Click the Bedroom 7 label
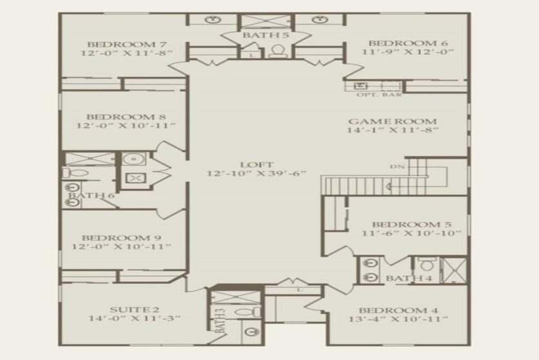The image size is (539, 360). [127, 45]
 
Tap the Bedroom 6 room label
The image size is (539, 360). [408, 43]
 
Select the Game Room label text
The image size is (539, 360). [393, 121]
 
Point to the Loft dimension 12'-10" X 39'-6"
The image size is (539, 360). [256, 174]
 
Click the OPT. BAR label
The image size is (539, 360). [379, 95]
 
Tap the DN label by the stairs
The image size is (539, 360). [397, 166]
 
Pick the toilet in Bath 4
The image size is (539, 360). [427, 264]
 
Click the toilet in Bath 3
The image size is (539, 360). [248, 312]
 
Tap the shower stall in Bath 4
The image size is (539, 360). [453, 270]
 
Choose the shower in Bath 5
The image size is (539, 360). [266, 21]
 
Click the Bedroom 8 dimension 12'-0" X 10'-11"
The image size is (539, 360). [126, 126]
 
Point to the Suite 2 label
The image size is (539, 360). [134, 310]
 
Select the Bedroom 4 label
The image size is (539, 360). [398, 310]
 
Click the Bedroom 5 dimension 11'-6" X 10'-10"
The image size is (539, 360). [411, 233]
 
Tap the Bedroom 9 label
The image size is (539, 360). [121, 238]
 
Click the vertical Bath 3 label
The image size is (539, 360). [220, 321]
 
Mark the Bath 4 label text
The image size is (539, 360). [409, 278]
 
